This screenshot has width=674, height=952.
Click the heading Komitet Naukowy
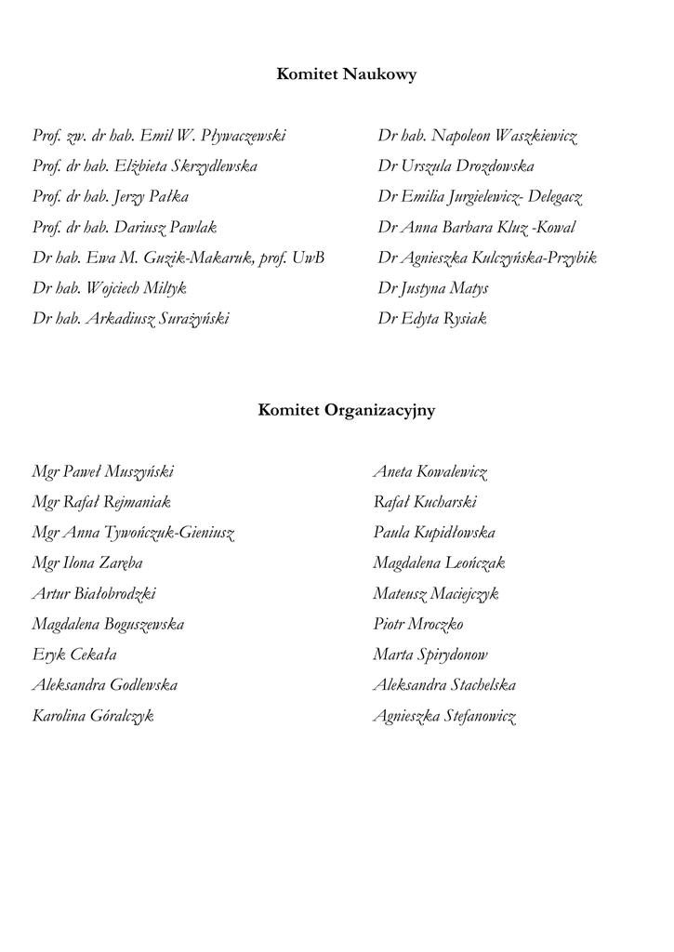(346, 75)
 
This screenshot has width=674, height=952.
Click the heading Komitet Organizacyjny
(346, 410)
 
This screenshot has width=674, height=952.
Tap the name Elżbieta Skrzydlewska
(186, 166)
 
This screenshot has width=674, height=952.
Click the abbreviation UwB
(308, 258)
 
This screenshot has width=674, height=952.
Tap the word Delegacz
(555, 197)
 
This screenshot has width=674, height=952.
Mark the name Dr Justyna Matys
(432, 288)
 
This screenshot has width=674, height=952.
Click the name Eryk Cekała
(74, 654)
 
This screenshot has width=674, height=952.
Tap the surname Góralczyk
(120, 716)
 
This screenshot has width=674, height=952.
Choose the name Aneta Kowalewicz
(430, 471)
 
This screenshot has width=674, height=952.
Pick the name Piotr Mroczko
(418, 624)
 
